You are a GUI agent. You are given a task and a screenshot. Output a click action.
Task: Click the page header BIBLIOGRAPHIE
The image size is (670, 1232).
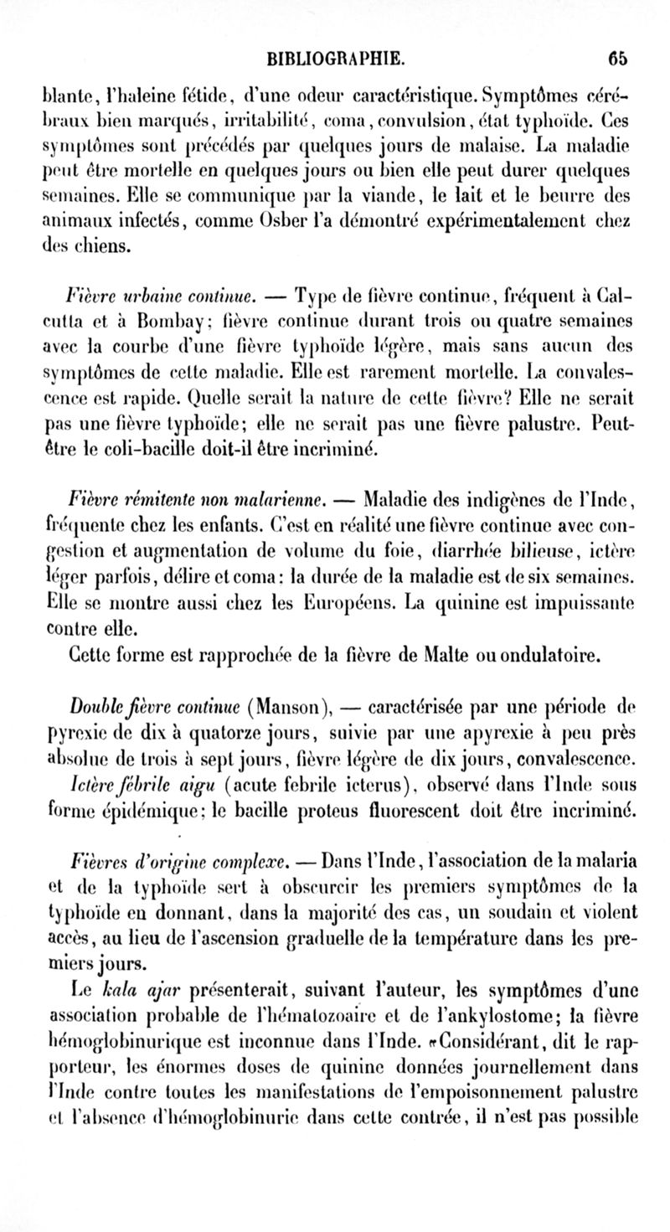pyautogui.click(x=335, y=58)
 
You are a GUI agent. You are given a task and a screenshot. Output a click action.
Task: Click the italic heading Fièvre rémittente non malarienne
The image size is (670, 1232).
pyautogui.click(x=195, y=501)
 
